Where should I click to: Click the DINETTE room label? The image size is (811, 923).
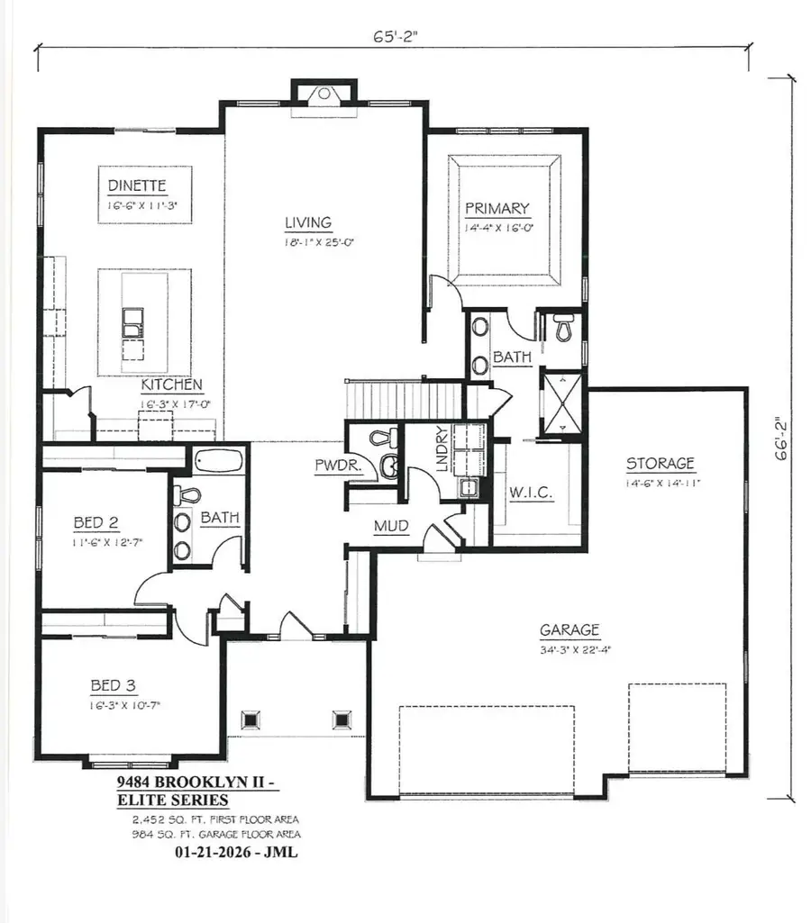(137, 186)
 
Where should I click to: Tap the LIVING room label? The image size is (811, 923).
(309, 222)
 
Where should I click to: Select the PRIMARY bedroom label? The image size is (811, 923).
(497, 209)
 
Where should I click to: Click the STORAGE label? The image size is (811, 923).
(661, 464)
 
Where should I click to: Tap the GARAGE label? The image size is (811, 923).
(570, 630)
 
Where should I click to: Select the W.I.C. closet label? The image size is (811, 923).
(531, 493)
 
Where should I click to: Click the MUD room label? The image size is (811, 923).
(391, 526)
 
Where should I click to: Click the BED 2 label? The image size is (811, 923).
(97, 522)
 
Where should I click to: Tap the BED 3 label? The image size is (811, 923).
(113, 685)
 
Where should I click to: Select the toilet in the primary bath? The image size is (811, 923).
(564, 329)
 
